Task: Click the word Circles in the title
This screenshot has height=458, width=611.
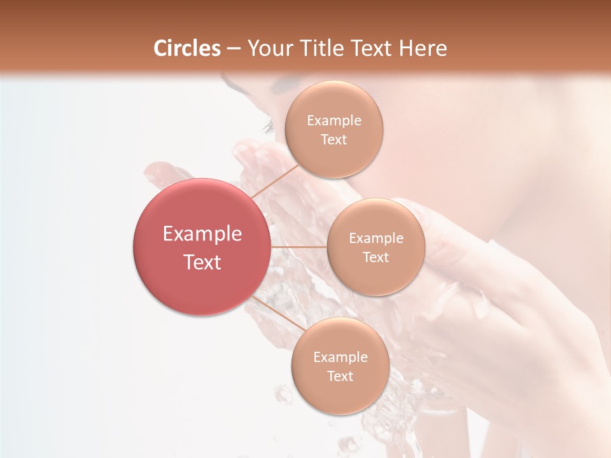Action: (187, 48)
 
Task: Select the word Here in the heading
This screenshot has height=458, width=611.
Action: (423, 48)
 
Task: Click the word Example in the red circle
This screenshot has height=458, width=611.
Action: (202, 234)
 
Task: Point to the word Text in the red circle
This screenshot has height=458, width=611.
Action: (202, 262)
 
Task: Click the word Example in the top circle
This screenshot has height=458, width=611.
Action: (334, 121)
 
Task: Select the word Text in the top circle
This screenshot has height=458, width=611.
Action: (334, 140)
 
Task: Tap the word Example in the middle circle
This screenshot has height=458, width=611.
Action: (376, 239)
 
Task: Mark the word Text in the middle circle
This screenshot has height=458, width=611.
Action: (376, 258)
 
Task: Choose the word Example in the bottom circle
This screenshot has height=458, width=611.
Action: (340, 357)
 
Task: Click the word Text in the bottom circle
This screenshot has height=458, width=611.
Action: (340, 377)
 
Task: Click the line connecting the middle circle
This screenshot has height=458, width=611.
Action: (299, 247)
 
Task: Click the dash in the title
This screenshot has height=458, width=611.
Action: (234, 48)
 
